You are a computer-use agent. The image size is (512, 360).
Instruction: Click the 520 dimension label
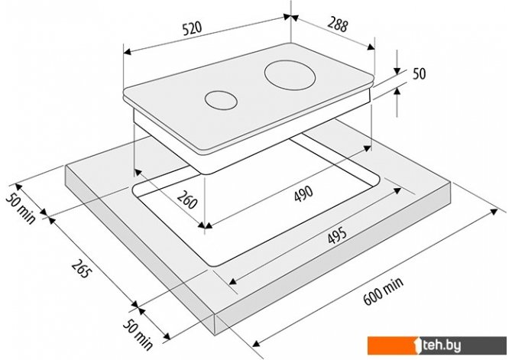point(192,28)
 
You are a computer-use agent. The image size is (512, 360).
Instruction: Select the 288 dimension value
point(338,24)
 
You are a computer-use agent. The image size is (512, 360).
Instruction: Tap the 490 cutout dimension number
point(303,194)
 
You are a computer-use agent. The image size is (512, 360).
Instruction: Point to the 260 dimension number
point(187,199)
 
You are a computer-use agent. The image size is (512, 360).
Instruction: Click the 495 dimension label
point(337,235)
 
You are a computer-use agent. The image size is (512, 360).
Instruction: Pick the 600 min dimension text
point(384,290)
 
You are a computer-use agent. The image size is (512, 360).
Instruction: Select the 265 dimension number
point(80,268)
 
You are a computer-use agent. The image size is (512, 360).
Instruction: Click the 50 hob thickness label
point(420,73)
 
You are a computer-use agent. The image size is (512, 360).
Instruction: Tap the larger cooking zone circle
point(290,75)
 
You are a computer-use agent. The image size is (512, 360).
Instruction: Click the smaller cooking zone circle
point(221,100)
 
